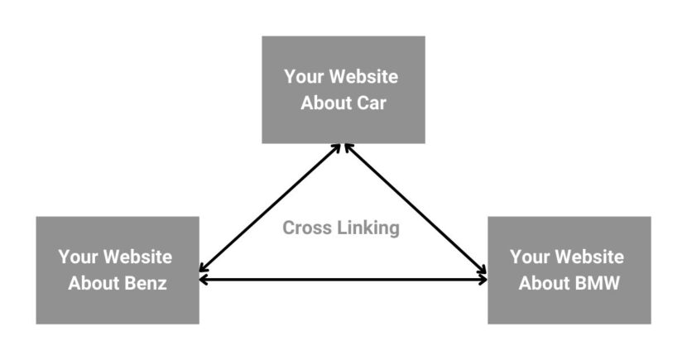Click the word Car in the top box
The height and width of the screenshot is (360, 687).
(370, 104)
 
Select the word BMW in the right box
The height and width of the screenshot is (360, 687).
(597, 283)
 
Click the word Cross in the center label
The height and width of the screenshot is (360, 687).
(307, 228)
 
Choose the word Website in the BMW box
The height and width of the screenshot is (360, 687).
(589, 257)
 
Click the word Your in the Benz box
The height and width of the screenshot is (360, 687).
(78, 257)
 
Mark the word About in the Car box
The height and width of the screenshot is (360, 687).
(323, 104)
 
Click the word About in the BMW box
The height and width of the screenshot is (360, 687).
(543, 283)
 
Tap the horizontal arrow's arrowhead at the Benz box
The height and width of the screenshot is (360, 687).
(204, 281)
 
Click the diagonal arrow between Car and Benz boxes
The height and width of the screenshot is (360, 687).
(269, 210)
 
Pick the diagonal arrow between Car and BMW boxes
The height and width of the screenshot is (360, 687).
(414, 210)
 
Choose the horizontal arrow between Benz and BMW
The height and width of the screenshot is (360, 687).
(343, 281)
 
